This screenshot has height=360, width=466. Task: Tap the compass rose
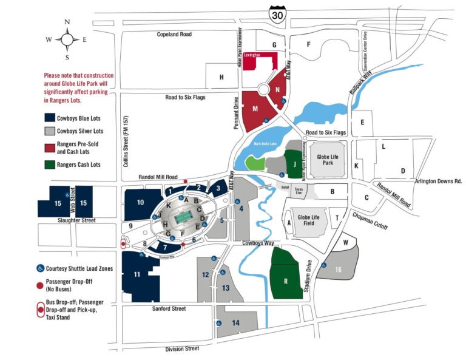[67, 39]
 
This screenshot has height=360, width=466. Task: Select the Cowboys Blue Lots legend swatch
[49, 118]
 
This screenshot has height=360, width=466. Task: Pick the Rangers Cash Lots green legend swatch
[49, 165]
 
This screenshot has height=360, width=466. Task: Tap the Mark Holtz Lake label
[265, 143]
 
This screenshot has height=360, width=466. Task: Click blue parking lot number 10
[140, 202]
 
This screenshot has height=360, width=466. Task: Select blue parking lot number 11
[138, 275]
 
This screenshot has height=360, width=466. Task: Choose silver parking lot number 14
[235, 322]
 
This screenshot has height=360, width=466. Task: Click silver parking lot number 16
[338, 269]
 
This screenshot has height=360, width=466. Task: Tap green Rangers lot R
[285, 281]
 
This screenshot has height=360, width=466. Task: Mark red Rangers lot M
[255, 109]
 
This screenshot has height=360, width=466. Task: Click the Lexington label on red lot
[252, 55]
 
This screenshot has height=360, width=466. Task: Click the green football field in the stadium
[182, 217]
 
